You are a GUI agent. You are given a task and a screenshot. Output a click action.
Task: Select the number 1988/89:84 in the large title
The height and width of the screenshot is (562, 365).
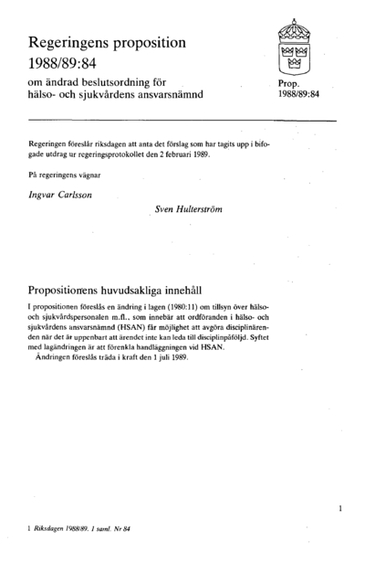68,66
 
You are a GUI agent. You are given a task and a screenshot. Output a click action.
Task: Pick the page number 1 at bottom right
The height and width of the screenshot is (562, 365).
339,506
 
